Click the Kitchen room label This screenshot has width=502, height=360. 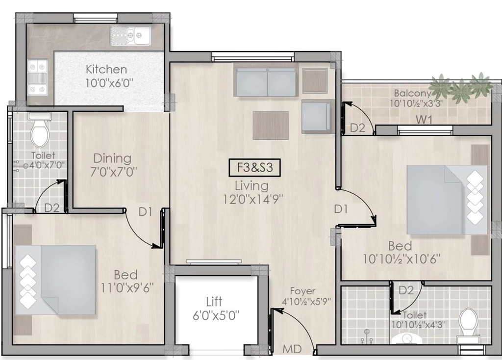pyautogui.click(x=106, y=69)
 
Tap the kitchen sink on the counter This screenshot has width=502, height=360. pyautogui.click(x=130, y=35)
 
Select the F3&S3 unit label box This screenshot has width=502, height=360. pyautogui.click(x=254, y=168)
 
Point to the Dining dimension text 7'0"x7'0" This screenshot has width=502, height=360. pyautogui.click(x=114, y=172)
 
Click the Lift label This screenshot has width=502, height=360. pyautogui.click(x=214, y=301)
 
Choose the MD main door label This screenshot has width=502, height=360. pyautogui.click(x=292, y=349)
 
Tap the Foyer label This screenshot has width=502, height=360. pyautogui.click(x=302, y=291)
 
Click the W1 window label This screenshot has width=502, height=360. pyautogui.click(x=424, y=120)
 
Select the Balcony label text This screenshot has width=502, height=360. pyautogui.click(x=412, y=93)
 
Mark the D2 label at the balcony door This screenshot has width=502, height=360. pyautogui.click(x=357, y=128)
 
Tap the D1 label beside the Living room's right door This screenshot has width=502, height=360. pyautogui.click(x=341, y=209)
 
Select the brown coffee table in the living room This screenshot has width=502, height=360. pyautogui.click(x=271, y=125)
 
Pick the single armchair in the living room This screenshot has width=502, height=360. pyautogui.click(x=316, y=116)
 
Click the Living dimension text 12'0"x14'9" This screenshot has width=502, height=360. pyautogui.click(x=253, y=199)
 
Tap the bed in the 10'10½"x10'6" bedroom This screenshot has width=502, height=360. pyautogui.click(x=447, y=200)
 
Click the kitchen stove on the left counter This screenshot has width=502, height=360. pyautogui.click(x=37, y=77)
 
